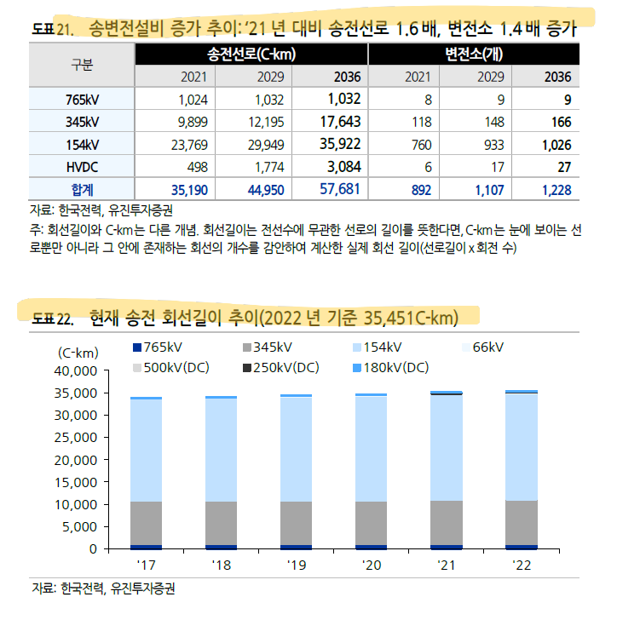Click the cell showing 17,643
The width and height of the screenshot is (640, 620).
coord(340,122)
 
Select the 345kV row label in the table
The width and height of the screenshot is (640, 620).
coord(82,122)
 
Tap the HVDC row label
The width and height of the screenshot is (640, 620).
coord(82,167)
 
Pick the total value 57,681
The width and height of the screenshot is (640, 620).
coord(339,189)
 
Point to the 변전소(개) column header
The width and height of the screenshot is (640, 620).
coord(474,54)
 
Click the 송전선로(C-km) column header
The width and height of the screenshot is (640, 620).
coord(251,54)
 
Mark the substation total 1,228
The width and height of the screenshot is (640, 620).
coord(556,190)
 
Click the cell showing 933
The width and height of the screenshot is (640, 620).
coord(494,145)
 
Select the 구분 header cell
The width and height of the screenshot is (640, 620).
coord(82,65)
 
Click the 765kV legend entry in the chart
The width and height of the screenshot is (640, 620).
coord(158,347)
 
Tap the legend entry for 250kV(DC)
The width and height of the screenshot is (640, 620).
coord(281,368)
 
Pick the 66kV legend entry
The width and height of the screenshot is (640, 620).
coord(483,347)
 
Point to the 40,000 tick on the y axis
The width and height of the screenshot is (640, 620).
coord(76,371)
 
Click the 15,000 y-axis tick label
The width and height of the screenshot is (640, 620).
coord(76,483)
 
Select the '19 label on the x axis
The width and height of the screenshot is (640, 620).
coord(297,565)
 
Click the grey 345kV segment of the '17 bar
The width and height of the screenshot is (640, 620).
coord(146,523)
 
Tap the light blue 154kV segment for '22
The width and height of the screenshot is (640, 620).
coord(522,447)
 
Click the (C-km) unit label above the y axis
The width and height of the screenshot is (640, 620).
coord(78,353)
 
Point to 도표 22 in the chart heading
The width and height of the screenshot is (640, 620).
coord(53,319)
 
